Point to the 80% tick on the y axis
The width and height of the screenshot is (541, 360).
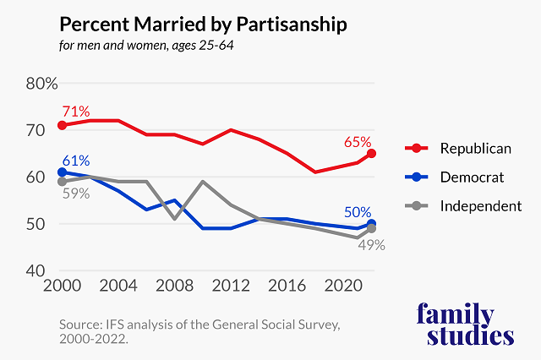pos(41,84)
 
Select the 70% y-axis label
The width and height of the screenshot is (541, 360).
pos(41,131)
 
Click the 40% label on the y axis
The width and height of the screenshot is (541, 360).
pos(41,271)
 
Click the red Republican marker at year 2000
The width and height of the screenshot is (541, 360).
pos(61,125)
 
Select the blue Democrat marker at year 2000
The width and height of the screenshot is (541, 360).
pos(61,172)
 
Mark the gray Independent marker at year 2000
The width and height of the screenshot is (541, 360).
pos(61,182)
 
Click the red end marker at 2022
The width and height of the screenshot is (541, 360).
pos(371,154)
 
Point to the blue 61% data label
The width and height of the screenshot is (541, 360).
pos(74,161)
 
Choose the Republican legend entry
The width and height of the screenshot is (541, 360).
pos(475,149)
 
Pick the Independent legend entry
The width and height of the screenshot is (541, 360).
pos(480,205)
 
